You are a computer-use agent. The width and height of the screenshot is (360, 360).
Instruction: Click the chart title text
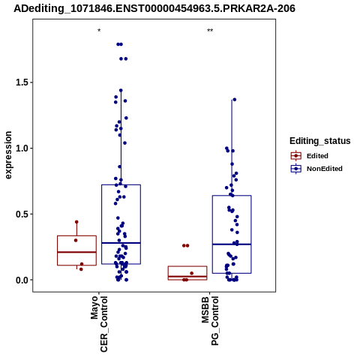(154, 8)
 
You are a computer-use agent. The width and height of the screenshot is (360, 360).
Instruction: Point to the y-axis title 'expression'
(8, 155)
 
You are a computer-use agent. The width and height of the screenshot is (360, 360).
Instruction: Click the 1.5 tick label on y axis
(22, 82)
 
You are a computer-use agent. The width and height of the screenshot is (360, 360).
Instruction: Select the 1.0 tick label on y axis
(22, 148)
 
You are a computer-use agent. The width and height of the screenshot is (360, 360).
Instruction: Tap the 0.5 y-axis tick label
(22, 214)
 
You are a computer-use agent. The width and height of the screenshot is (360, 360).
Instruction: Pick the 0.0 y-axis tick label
(22, 280)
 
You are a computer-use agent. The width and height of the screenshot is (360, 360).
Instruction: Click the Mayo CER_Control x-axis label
(99, 324)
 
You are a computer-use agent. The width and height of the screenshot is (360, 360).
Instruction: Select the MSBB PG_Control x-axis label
(210, 321)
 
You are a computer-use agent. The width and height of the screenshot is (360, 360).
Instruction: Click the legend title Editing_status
(319, 141)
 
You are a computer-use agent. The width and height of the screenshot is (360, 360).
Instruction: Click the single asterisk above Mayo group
(99, 31)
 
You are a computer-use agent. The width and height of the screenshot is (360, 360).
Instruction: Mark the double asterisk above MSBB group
(210, 31)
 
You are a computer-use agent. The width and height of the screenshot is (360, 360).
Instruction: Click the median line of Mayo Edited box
(76, 252)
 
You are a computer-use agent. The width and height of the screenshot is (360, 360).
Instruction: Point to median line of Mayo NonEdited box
(121, 243)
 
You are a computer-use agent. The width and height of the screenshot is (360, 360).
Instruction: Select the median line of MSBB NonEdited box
(232, 244)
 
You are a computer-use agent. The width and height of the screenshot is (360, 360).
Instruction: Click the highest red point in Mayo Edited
(76, 222)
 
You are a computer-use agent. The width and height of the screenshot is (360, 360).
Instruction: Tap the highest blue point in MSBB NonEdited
(235, 100)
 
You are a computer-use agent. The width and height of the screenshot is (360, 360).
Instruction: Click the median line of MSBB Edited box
(187, 277)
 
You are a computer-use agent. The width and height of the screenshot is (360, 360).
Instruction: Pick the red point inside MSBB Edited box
(192, 273)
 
